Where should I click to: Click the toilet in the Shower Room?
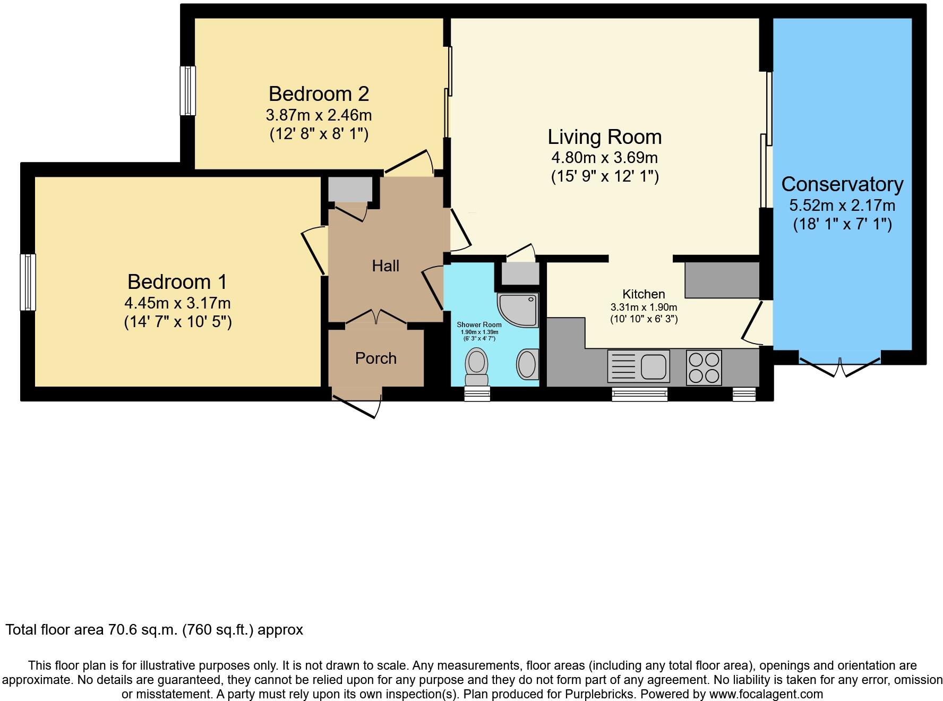click(476, 367)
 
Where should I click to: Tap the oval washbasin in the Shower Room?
click(527, 364)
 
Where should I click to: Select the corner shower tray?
click(518, 310)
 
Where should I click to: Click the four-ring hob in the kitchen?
click(704, 367)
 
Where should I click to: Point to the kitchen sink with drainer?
click(638, 366)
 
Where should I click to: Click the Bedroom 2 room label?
click(319, 93)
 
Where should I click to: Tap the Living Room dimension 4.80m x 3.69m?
click(605, 158)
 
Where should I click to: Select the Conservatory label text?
click(842, 184)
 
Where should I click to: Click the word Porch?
click(376, 358)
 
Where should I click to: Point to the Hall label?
click(385, 266)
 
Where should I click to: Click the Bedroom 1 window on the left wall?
click(28, 282)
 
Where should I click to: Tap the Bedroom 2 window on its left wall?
click(187, 90)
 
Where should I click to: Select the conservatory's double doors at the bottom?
click(840, 366)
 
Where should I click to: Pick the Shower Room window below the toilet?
click(477, 394)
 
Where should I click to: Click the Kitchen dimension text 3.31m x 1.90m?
click(644, 307)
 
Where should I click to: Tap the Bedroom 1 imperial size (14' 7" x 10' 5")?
click(178, 322)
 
